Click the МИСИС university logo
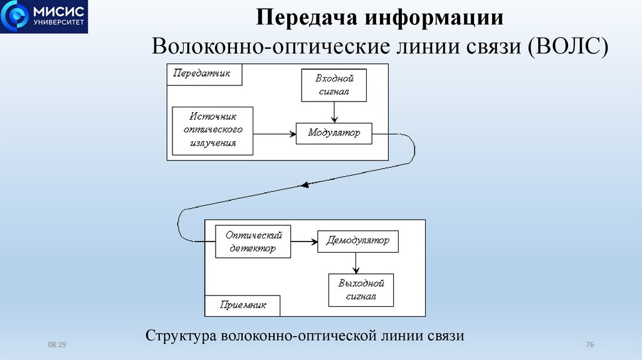(x=45, y=17)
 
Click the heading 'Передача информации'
(x=381, y=17)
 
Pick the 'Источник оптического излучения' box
(x=213, y=130)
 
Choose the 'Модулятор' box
(x=334, y=134)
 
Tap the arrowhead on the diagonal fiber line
(x=305, y=184)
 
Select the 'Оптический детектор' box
(x=253, y=241)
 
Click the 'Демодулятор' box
(x=357, y=241)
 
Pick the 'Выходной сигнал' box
(x=360, y=290)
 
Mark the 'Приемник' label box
(x=243, y=305)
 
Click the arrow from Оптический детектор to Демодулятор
(x=305, y=241)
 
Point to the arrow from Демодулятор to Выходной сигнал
(x=356, y=263)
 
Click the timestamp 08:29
(x=57, y=346)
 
